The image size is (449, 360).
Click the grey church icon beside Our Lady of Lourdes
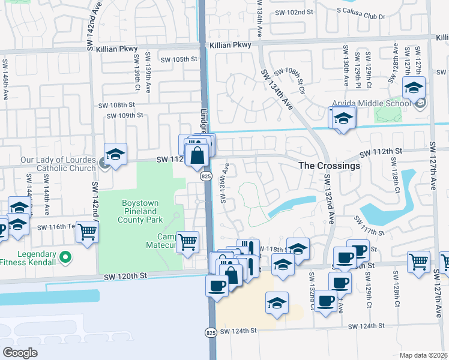click(104, 163)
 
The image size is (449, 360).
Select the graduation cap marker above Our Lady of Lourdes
click(115, 154)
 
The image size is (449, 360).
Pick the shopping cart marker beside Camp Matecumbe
click(188, 242)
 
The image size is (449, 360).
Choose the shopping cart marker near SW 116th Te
click(88, 231)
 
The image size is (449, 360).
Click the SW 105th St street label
click(179, 59)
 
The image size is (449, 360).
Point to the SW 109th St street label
click(125, 115)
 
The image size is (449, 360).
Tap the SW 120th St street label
click(125, 276)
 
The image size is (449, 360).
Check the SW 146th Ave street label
click(5, 74)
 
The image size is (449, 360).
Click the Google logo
click(20, 352)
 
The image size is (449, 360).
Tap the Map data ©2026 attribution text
click(424, 355)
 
